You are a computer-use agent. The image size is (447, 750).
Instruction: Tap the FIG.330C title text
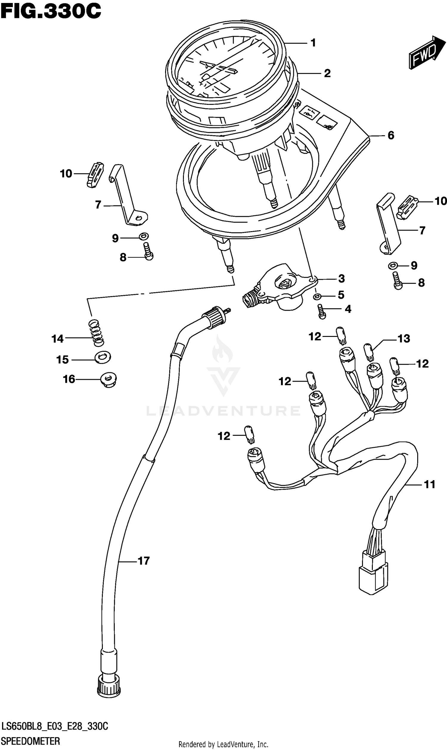click(x=51, y=11)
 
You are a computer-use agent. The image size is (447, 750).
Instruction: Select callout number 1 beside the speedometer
click(x=313, y=43)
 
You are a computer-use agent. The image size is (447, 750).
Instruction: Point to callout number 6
click(x=391, y=136)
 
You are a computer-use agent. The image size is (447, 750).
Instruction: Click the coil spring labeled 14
click(x=96, y=332)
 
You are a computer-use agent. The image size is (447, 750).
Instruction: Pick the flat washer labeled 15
click(x=103, y=357)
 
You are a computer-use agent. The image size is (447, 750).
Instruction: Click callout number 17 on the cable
click(x=144, y=561)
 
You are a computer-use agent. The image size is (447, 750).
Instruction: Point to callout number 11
click(x=429, y=484)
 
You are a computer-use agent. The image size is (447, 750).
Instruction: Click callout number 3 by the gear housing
click(x=341, y=279)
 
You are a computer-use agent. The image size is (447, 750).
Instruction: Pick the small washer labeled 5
click(x=316, y=297)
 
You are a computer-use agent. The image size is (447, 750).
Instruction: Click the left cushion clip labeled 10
click(x=95, y=175)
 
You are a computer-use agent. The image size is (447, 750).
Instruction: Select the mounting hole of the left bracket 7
click(x=139, y=218)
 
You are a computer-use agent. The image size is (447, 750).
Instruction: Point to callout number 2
click(x=328, y=74)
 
